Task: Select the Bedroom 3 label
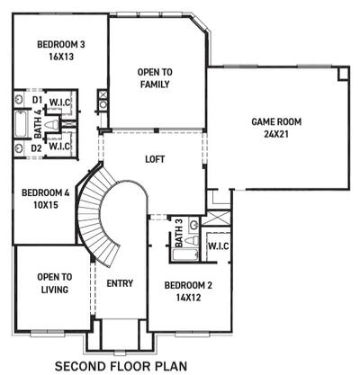(x=61, y=43)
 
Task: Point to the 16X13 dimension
(x=61, y=56)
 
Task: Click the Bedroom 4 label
(x=45, y=192)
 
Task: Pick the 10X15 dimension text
(x=45, y=206)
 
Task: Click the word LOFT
(x=156, y=160)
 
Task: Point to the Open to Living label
(x=53, y=284)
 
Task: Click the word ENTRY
(x=120, y=284)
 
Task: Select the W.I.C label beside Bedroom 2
(x=217, y=245)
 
